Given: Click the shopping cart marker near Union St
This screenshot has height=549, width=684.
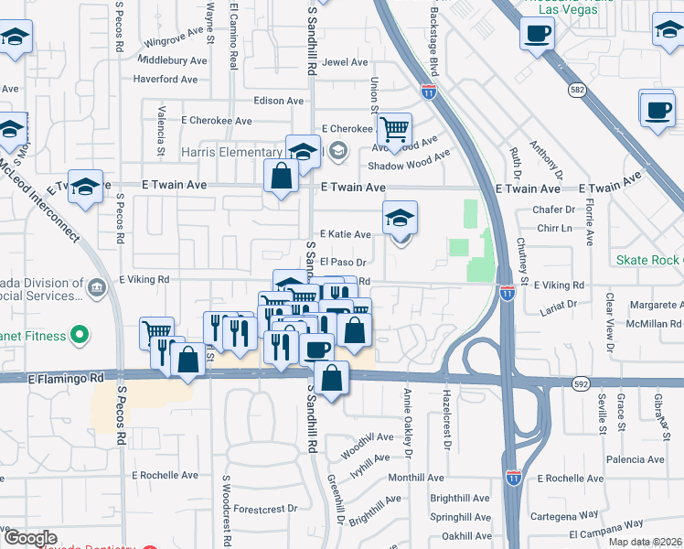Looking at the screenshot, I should coord(394,129).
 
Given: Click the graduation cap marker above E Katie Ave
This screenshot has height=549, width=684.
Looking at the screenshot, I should coord(400,218).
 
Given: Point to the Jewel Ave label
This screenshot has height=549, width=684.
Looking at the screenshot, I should coord(346,63).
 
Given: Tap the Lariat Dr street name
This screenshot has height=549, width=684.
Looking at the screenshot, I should coord(561,304).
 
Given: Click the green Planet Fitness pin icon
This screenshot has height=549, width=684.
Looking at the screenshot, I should coord(80,336).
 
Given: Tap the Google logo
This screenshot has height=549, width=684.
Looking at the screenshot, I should coord(30,539).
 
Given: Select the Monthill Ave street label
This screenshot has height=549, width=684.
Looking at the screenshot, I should coord(416,478).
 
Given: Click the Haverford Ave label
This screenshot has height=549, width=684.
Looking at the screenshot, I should coord(166,79).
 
